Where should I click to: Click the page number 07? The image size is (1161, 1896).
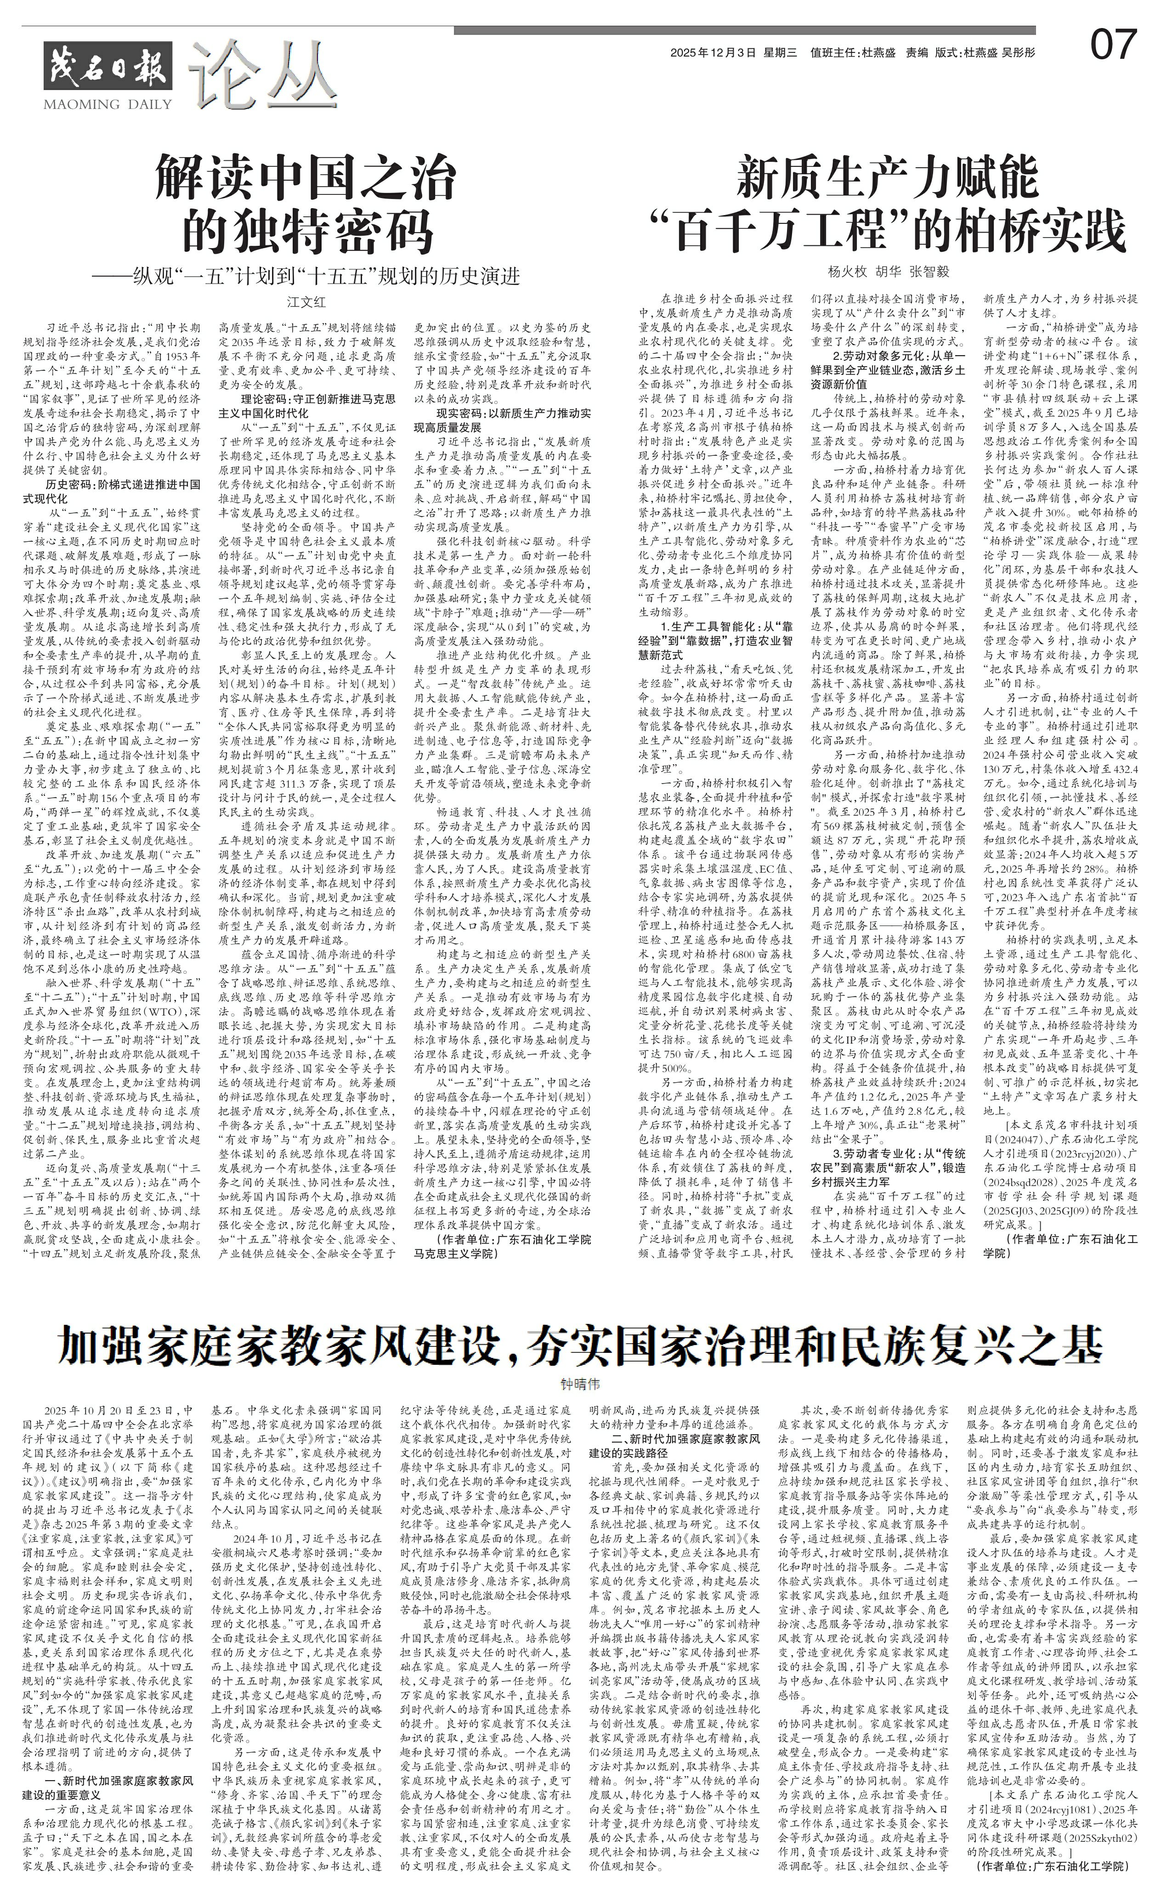coord(1112,45)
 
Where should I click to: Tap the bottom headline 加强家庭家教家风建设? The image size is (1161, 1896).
coord(580,1346)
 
